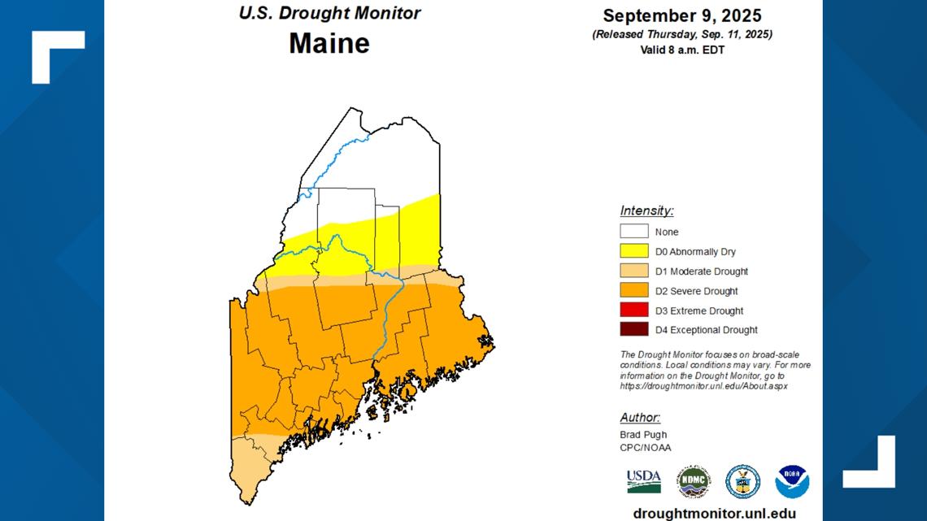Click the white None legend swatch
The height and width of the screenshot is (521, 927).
(x=633, y=232)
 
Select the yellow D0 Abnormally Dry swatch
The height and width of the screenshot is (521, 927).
(x=633, y=251)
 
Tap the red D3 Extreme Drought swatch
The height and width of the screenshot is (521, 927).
(x=633, y=310)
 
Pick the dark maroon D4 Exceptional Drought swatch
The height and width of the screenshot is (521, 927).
(x=633, y=330)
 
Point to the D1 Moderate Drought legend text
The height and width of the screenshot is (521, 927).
(x=702, y=271)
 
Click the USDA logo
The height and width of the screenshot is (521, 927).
(x=643, y=481)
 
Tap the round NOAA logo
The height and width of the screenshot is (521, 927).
(x=791, y=482)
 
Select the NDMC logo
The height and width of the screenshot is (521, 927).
(x=693, y=482)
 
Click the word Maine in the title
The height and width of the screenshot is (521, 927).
(x=329, y=43)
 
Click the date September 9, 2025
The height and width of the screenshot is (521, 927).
(x=681, y=15)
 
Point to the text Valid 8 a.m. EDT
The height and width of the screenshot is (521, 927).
(x=681, y=50)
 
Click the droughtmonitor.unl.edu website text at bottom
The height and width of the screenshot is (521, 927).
(x=714, y=514)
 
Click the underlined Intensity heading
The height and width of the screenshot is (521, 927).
(x=646, y=211)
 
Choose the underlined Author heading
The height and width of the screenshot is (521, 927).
(x=640, y=418)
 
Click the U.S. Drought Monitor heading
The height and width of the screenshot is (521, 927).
(x=329, y=13)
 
